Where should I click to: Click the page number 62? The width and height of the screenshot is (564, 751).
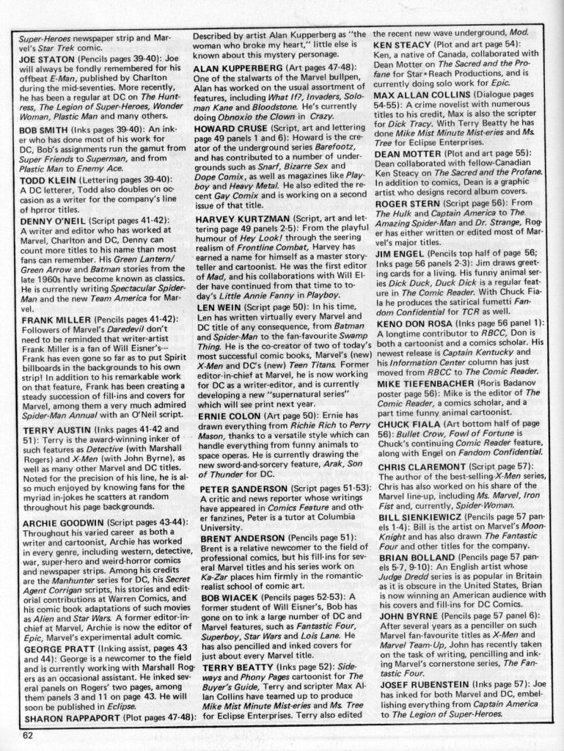(x=29, y=736)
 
